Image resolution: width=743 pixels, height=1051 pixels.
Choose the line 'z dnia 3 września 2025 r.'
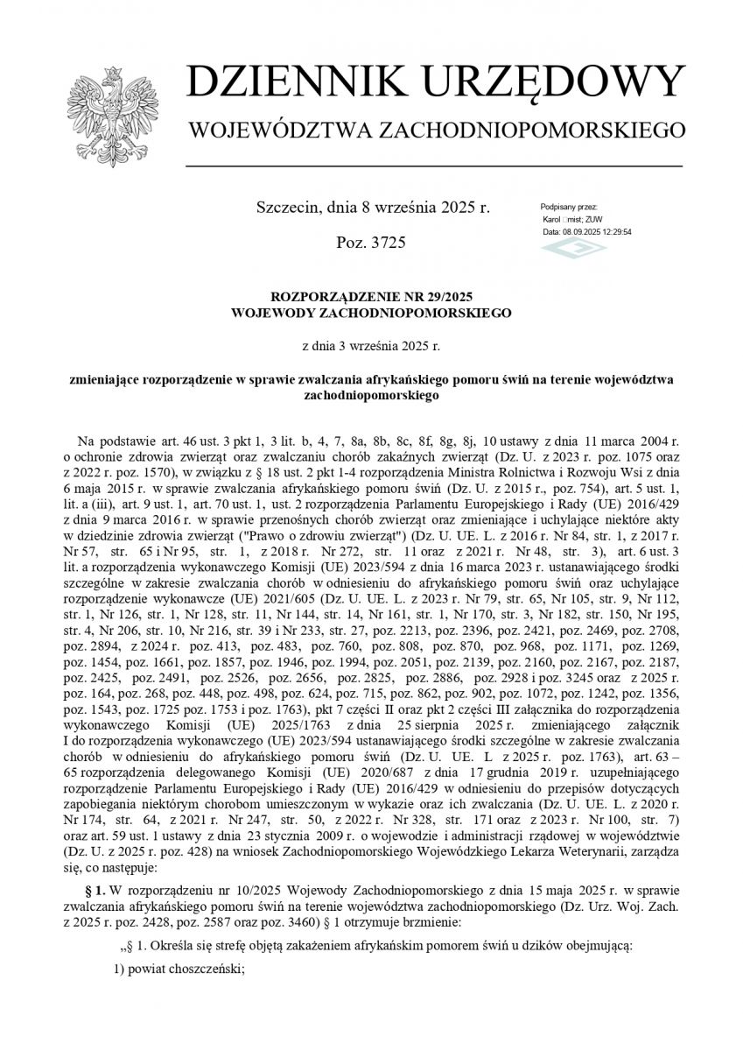click(x=371, y=345)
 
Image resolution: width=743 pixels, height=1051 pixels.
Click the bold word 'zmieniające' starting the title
click(x=110, y=380)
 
